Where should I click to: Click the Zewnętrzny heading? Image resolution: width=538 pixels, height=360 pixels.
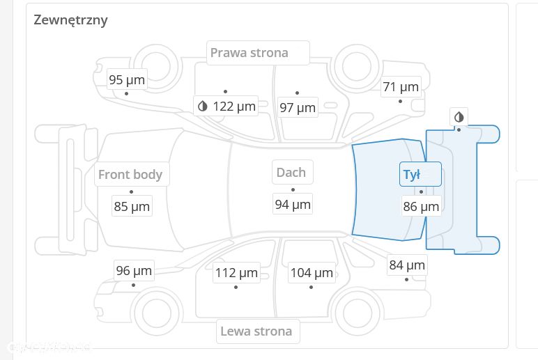click(x=70, y=20)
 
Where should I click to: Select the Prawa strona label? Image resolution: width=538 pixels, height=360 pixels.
click(x=249, y=53)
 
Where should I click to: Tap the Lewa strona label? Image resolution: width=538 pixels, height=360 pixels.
click(x=256, y=331)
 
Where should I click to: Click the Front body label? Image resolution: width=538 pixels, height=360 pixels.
click(x=130, y=175)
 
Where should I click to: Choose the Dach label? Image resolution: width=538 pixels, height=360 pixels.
click(x=291, y=172)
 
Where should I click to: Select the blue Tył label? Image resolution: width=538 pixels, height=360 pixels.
click(x=412, y=175)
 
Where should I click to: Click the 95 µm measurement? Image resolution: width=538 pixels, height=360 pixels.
click(x=127, y=80)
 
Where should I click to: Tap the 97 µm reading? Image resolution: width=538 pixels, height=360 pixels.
click(x=298, y=108)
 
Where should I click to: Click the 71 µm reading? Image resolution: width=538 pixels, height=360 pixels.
click(x=401, y=87)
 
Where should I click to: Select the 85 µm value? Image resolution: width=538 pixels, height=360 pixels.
click(x=132, y=207)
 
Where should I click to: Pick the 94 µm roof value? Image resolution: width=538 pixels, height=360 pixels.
click(x=293, y=205)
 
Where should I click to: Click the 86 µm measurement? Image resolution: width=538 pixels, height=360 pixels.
click(x=421, y=207)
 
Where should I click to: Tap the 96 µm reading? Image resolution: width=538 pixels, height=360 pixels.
click(x=134, y=271)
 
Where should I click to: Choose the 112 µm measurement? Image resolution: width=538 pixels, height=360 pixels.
click(x=236, y=273)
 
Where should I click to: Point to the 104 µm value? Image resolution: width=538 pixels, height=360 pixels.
click(x=312, y=273)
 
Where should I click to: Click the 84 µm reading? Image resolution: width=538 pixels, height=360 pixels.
click(x=407, y=265)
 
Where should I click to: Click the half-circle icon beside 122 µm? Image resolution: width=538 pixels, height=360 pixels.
click(x=203, y=107)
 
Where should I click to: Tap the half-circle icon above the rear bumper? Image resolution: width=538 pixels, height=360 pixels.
click(x=459, y=117)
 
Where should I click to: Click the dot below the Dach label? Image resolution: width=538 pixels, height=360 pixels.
click(x=293, y=189)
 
